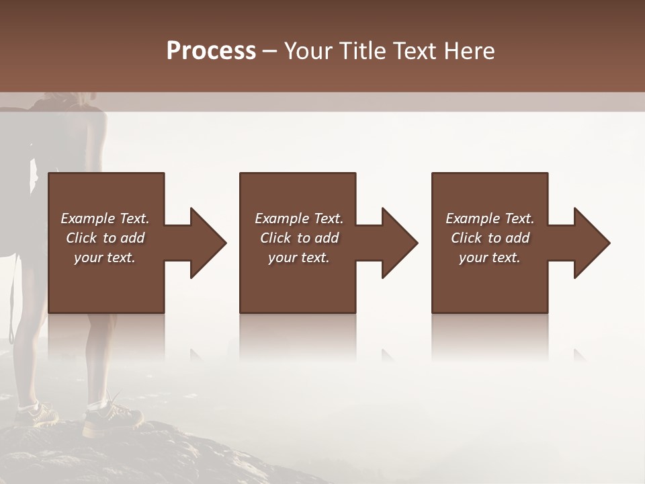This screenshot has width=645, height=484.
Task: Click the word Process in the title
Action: [211, 51]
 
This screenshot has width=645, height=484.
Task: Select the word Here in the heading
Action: [469, 51]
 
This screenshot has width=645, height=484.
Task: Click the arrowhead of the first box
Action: [204, 243]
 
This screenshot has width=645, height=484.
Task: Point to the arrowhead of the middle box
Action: [396, 243]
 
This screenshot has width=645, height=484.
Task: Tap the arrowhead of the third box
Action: [588, 243]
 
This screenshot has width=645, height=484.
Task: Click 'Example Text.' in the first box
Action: [105, 218]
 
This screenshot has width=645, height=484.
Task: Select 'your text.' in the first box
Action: [105, 257]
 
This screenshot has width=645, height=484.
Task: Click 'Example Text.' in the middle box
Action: [299, 218]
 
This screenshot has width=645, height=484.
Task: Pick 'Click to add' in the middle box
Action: [299, 238]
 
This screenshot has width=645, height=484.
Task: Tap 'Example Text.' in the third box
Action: [490, 218]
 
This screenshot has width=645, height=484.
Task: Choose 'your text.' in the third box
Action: [490, 257]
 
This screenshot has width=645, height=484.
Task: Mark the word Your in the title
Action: [308, 51]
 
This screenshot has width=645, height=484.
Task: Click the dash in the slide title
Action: [269, 51]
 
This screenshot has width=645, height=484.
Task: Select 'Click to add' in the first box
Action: [105, 238]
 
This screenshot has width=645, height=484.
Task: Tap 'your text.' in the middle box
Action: [299, 257]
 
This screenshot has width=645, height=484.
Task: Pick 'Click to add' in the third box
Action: [490, 238]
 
